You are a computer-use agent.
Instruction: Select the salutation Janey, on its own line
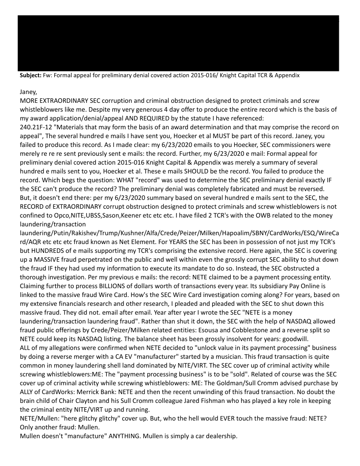click(30, 93)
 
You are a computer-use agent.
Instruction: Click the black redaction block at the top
click(178, 43)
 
